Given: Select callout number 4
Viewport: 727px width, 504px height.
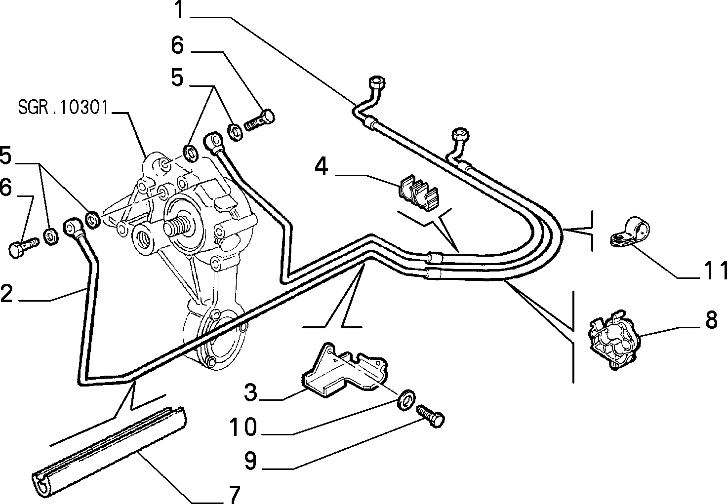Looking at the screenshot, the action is coord(321,167).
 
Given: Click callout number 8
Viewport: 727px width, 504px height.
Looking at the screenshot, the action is coord(711,319).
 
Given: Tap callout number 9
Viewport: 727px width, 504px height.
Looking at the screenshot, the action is coord(250,461).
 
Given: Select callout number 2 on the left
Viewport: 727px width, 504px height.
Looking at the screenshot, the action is coord(6,294).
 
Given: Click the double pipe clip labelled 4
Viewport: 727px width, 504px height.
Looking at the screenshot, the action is coord(418,193).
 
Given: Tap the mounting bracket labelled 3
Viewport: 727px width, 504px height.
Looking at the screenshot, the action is coord(344,370).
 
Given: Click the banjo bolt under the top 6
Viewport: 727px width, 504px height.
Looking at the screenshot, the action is coord(259,120).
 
